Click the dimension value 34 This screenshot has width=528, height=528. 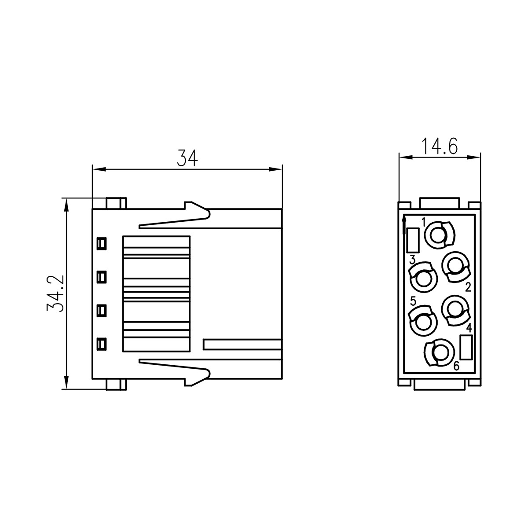click(x=187, y=158)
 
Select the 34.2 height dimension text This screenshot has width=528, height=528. click(x=56, y=293)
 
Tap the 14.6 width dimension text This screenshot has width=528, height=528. click(x=439, y=145)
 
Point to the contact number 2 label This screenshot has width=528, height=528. click(x=468, y=288)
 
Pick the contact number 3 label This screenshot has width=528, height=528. click(x=412, y=260)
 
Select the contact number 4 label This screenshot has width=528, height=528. click(x=469, y=328)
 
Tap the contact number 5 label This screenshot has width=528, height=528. click(x=413, y=301)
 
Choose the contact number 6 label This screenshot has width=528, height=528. click(x=456, y=366)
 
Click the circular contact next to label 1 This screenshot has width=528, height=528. click(x=438, y=235)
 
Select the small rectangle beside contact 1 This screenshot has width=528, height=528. click(x=413, y=240)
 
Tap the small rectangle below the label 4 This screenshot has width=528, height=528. click(x=466, y=347)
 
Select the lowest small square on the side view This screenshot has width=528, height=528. click(x=102, y=344)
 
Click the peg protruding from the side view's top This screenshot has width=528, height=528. click(x=116, y=203)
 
